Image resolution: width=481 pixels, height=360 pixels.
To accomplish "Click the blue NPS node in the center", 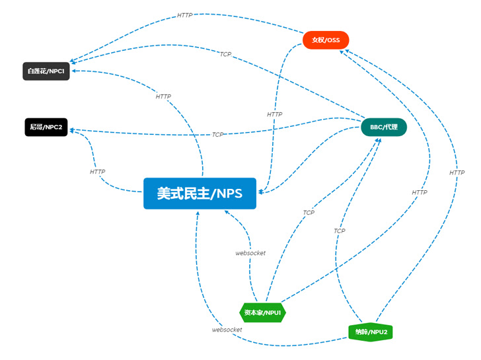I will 200,194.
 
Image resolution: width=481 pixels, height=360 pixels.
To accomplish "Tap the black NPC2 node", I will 46,127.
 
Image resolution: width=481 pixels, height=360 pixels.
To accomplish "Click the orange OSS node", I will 326,40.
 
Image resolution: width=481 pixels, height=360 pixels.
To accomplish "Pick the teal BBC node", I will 384,127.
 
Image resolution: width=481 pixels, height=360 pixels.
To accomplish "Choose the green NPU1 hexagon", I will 263,312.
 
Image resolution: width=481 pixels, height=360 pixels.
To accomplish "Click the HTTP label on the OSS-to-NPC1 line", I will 185,15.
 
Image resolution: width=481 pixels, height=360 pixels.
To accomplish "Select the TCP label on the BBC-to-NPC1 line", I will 226,54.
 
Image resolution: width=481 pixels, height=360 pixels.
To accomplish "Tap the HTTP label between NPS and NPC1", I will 163,96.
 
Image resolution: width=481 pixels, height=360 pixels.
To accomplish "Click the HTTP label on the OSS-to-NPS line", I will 275,114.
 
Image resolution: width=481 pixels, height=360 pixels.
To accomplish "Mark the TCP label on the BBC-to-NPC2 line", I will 218,135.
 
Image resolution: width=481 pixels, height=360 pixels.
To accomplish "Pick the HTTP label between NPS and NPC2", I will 98,172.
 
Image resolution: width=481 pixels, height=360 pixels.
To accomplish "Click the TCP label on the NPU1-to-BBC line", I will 309,213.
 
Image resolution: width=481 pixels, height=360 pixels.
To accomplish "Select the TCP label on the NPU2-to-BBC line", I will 339,231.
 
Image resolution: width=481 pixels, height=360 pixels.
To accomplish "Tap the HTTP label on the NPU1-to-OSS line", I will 420,192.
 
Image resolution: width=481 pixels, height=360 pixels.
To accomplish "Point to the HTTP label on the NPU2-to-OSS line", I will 457,172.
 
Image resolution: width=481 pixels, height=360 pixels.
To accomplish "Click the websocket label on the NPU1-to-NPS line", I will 250,253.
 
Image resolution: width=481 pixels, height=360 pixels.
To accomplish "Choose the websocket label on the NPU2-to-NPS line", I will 227,329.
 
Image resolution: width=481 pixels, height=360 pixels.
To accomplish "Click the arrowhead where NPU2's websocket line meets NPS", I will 197,213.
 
